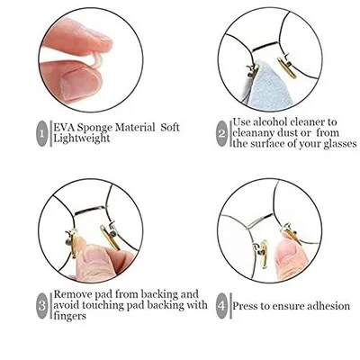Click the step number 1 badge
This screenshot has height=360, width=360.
42,133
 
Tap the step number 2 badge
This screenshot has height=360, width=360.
221,133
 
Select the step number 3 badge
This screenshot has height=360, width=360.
42,306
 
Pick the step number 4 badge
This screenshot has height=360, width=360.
221,306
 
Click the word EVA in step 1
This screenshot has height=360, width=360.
64,127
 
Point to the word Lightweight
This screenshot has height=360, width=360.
82,139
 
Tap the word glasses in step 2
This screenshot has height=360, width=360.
340,144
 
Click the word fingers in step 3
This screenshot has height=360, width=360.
69,316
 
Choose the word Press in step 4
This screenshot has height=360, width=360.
245,306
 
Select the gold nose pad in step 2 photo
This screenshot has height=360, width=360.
287,68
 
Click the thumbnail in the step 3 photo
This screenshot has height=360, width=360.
92,255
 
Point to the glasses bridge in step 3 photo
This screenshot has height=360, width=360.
90,210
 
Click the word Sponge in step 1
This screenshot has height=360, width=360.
94,128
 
